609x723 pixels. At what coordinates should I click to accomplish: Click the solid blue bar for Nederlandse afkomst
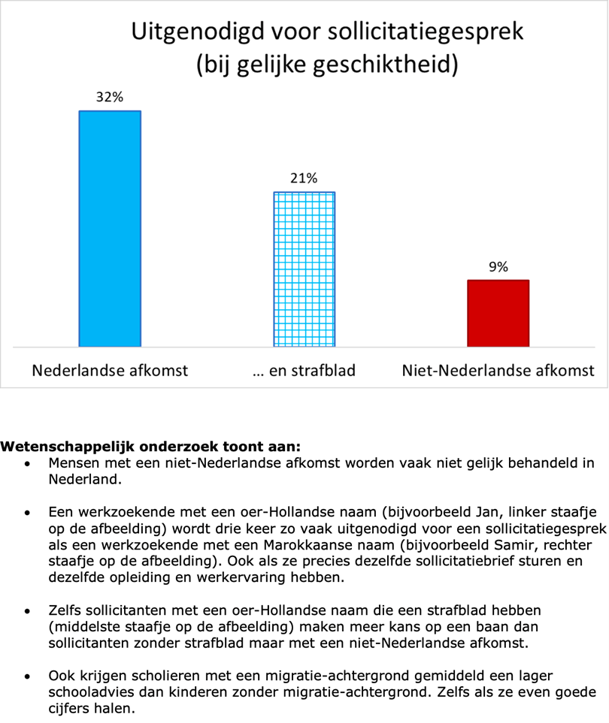(110, 228)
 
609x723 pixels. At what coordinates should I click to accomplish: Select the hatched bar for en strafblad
(304, 270)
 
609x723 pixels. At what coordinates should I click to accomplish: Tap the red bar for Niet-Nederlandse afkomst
(498, 313)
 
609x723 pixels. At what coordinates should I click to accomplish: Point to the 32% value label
(109, 97)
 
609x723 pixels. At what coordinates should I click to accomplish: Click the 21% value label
(304, 178)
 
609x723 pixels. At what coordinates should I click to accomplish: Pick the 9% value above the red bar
(498, 267)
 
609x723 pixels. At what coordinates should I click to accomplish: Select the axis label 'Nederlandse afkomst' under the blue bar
(110, 370)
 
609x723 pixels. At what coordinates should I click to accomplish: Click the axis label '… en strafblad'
(304, 370)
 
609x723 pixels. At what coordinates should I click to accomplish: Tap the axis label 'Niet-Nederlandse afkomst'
(498, 370)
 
